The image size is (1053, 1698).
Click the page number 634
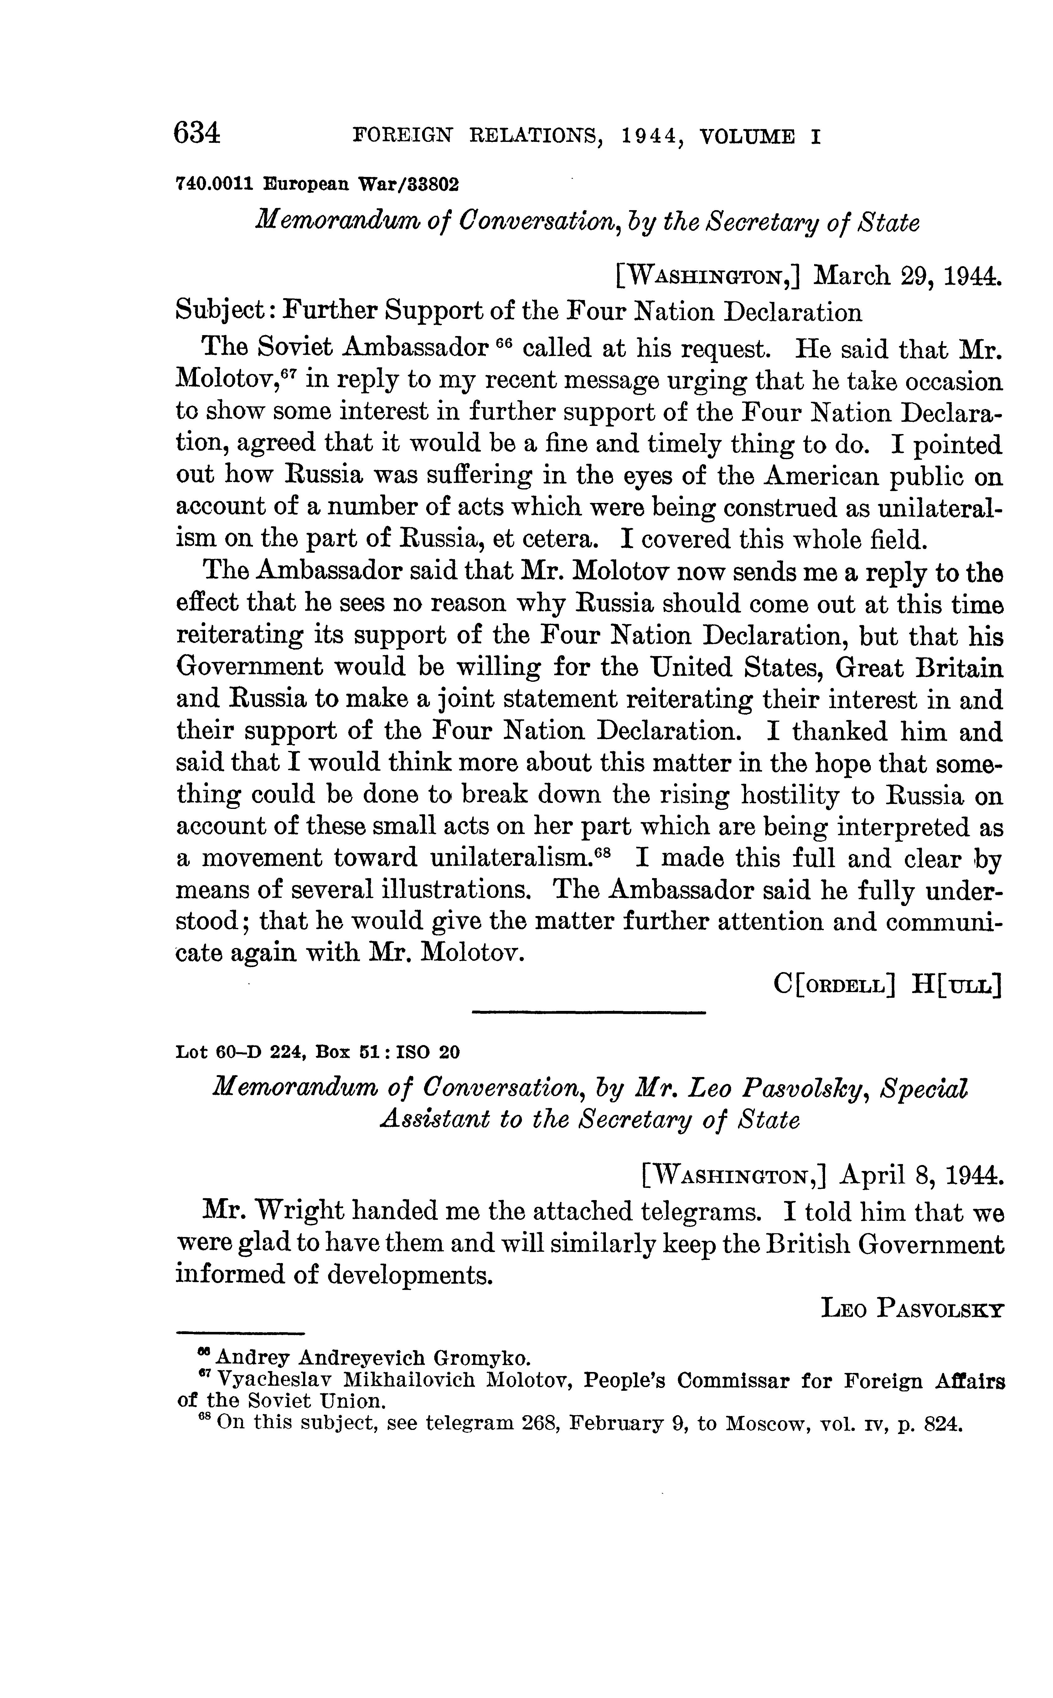click(x=198, y=132)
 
